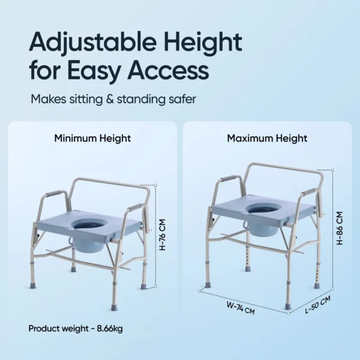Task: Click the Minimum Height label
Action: coord(92,139)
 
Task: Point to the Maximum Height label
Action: coord(267,139)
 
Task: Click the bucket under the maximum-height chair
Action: coord(263,228)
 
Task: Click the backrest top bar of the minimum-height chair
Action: coord(111,179)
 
